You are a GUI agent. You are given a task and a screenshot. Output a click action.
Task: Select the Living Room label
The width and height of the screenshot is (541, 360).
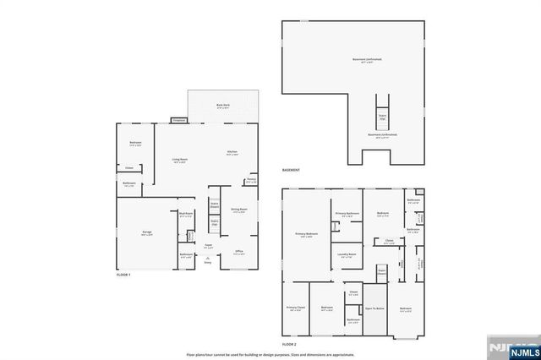[179, 161]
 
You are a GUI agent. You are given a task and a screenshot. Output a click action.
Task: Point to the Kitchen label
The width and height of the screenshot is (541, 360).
[231, 153]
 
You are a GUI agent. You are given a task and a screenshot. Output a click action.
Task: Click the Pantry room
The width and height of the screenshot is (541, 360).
[251, 180]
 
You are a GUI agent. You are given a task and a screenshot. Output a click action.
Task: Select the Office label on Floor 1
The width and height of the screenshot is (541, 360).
[239, 252]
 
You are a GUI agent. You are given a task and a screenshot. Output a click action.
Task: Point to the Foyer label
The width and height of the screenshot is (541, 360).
[207, 246]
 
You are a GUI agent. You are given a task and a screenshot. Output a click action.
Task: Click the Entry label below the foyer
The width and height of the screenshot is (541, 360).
[207, 263]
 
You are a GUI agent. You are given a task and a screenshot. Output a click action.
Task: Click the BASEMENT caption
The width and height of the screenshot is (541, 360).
[292, 171]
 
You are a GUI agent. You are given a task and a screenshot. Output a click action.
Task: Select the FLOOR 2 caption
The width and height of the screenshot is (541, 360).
[289, 346]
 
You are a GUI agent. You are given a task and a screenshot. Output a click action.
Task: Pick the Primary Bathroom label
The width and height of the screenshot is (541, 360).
[347, 215]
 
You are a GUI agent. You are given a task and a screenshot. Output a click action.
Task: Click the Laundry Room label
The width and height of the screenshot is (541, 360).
[347, 254]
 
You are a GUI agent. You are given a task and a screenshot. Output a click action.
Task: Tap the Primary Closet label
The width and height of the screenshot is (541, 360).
[295, 308]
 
